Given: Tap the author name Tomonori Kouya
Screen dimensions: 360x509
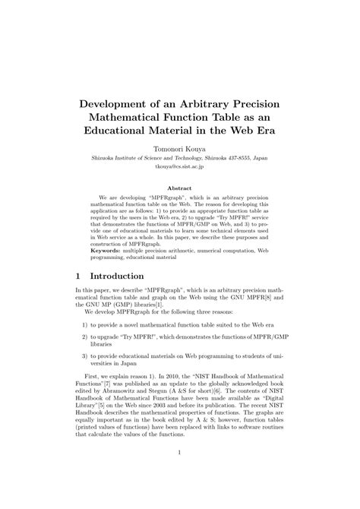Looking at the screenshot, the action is (179, 149).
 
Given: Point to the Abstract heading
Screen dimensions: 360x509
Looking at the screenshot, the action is (179, 188).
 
